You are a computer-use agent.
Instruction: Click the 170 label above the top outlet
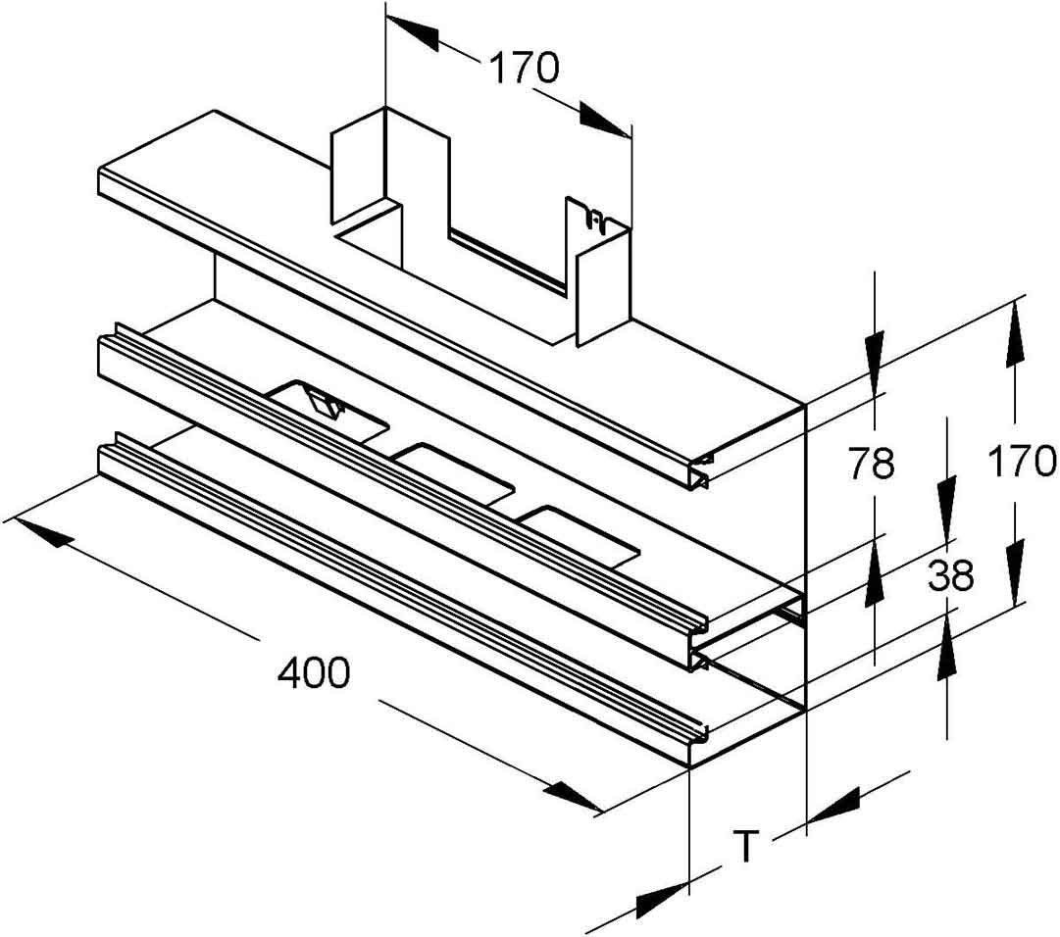click(x=524, y=68)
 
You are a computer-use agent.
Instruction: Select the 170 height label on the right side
click(x=1021, y=461)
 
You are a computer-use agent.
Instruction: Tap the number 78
click(x=872, y=463)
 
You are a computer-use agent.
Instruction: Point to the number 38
click(x=949, y=577)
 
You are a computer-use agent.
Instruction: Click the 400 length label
click(x=314, y=673)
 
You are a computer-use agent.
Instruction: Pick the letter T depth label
click(x=747, y=846)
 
